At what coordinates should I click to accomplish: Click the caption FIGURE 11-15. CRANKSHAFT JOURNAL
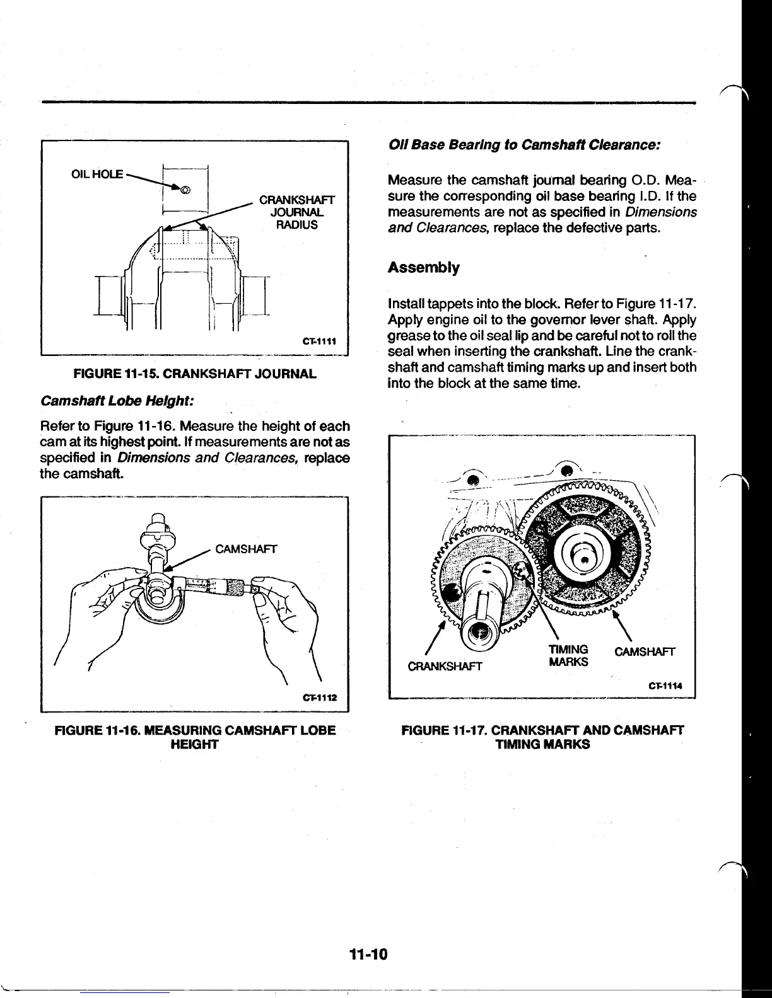coord(195,374)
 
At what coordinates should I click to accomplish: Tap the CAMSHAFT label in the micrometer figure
coord(246,549)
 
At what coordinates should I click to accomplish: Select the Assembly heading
coord(423,267)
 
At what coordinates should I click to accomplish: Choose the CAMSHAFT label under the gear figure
coord(645,651)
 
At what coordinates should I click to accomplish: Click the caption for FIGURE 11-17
coord(542,737)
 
